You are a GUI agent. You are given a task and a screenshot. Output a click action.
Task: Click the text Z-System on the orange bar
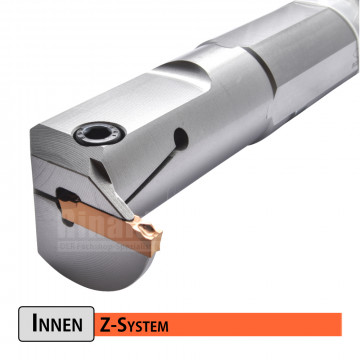134,325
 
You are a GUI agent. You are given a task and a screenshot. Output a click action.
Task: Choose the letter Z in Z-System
105,325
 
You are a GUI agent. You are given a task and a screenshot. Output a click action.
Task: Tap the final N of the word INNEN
82,326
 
